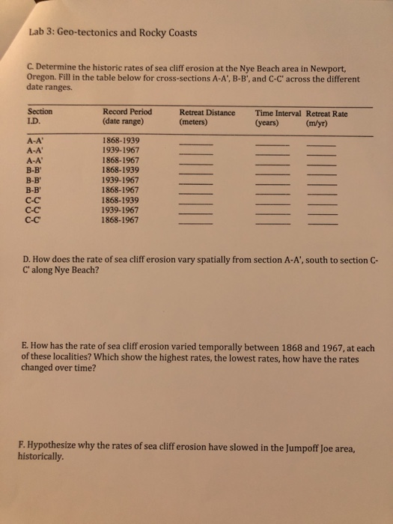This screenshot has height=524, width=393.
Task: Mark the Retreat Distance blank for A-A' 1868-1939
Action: click(195, 143)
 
